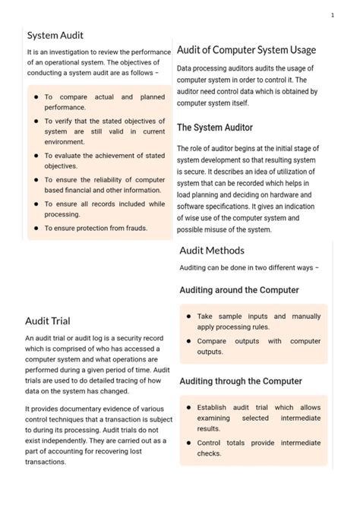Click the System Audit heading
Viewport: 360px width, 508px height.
[55, 35]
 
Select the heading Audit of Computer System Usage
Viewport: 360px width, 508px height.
[246, 50]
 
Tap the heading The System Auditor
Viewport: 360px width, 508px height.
[215, 128]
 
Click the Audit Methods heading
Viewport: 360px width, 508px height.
[212, 251]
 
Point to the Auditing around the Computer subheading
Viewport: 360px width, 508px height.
[239, 290]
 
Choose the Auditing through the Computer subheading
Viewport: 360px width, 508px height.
[241, 381]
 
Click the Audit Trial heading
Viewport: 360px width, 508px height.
[48, 320]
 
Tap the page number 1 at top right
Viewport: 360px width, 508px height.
[333, 15]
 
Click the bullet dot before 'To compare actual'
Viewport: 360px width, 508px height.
[36, 97]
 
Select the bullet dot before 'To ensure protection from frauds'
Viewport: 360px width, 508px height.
[36, 228]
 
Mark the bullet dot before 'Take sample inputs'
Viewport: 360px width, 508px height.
[188, 317]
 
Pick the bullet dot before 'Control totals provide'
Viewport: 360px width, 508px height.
[188, 443]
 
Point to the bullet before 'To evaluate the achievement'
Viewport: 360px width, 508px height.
[36, 156]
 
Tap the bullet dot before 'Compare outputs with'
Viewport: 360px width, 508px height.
[188, 342]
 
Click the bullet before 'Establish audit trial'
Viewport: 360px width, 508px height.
[188, 408]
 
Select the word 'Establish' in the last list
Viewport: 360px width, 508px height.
[213, 408]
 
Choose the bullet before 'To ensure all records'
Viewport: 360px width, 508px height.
[36, 204]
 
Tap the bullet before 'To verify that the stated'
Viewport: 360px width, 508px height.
[36, 121]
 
